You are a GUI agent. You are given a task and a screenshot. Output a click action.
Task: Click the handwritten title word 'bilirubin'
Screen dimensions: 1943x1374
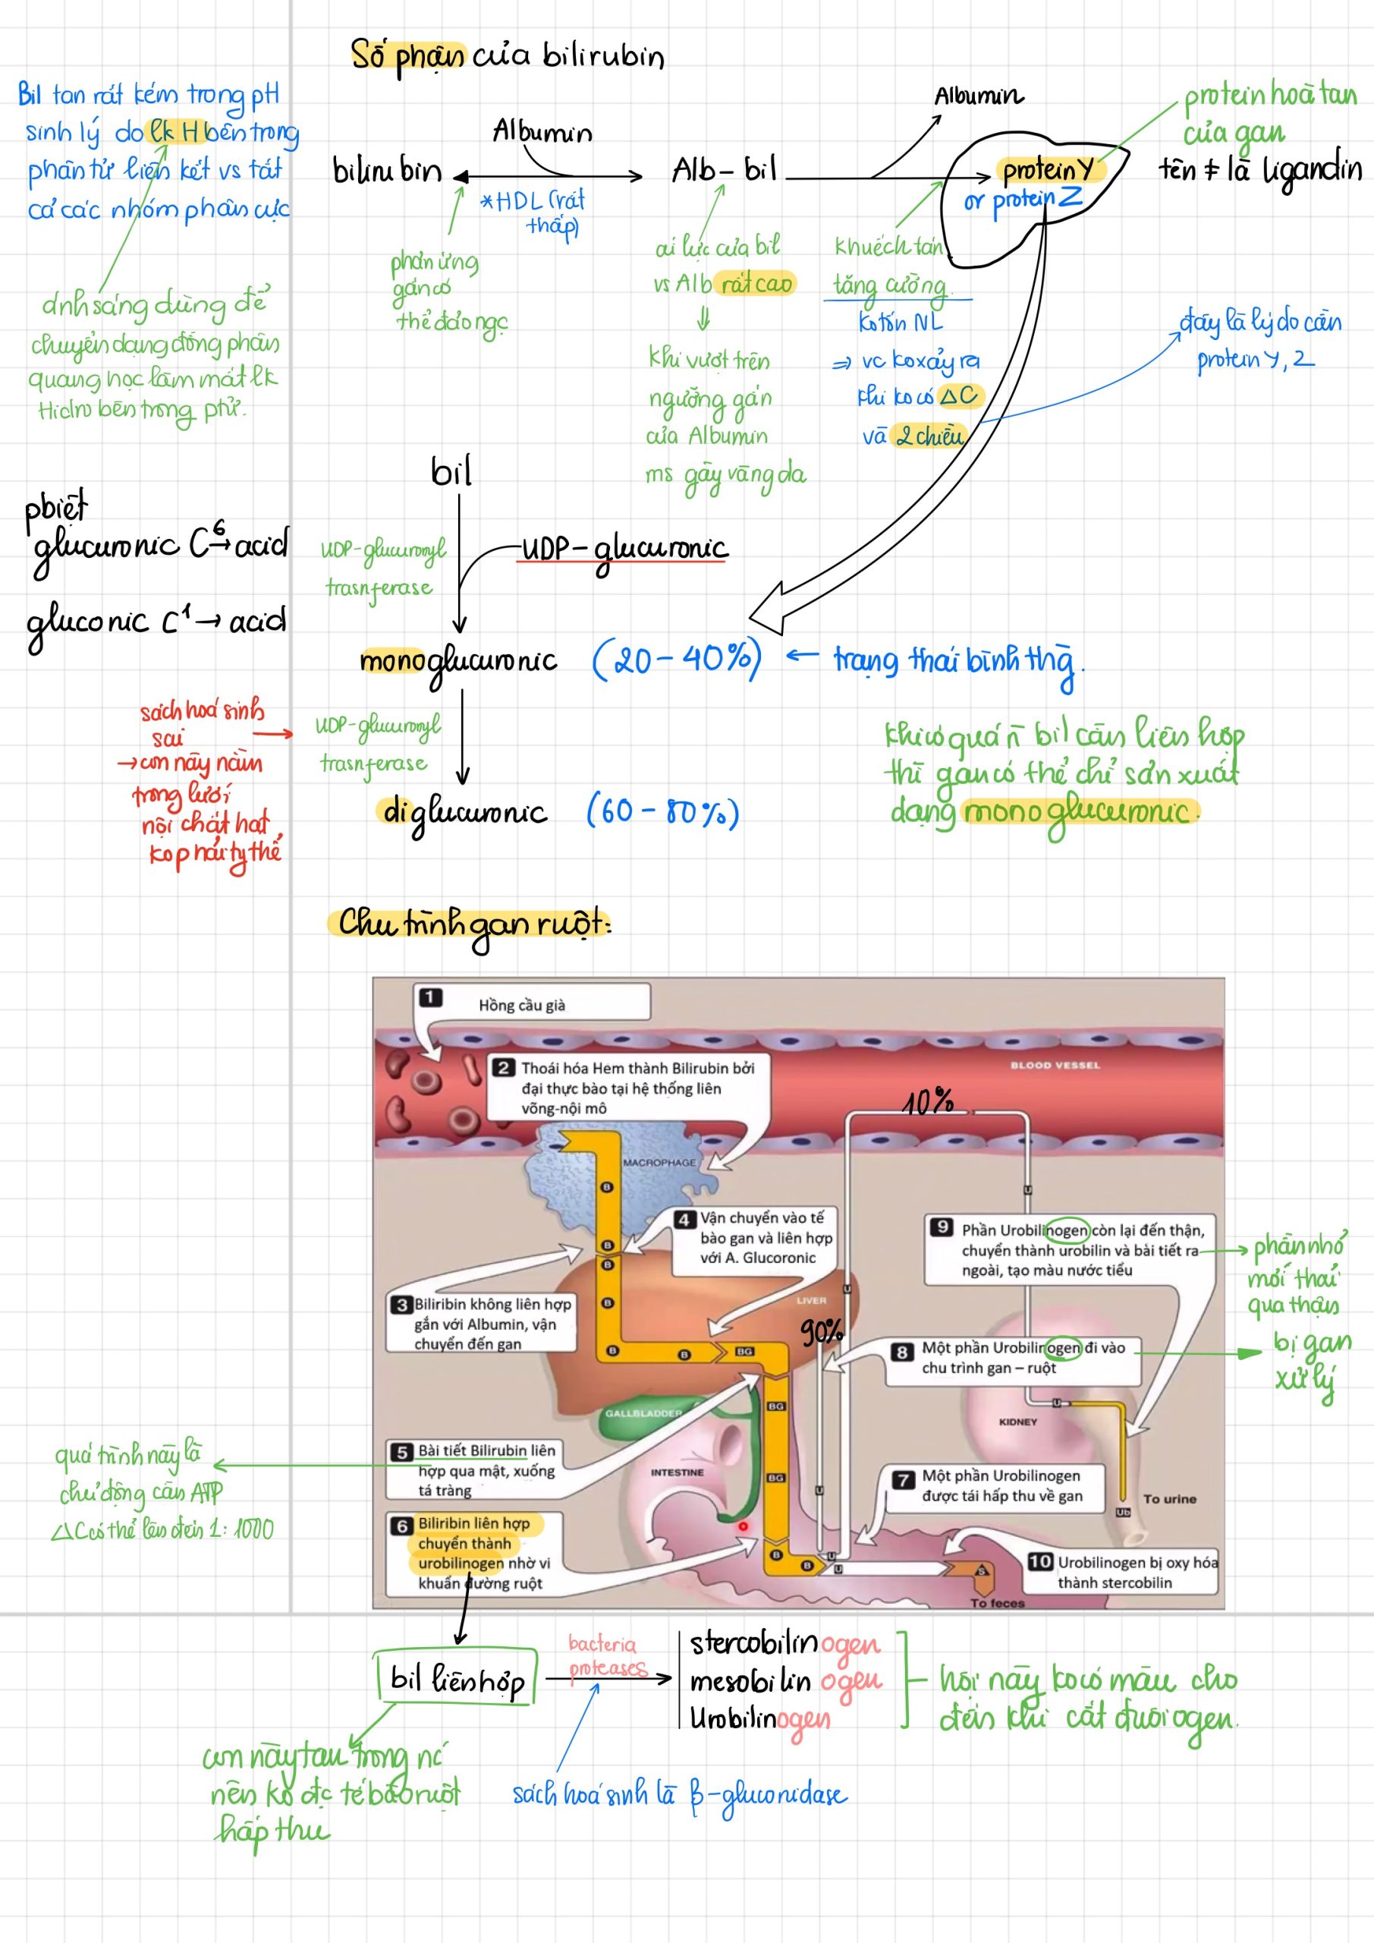pyautogui.click(x=602, y=57)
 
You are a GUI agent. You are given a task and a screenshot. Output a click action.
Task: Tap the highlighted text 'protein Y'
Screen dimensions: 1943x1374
pyautogui.click(x=1048, y=171)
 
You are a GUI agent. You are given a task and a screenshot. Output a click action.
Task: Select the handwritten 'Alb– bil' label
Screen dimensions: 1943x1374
pyautogui.click(x=723, y=171)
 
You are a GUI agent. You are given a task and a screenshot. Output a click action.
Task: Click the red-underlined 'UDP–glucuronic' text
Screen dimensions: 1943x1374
pyautogui.click(x=624, y=550)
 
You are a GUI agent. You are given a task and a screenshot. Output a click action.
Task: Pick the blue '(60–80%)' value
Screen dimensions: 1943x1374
pyautogui.click(x=662, y=811)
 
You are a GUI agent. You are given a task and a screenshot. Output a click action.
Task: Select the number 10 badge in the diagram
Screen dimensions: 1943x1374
pyautogui.click(x=1040, y=1561)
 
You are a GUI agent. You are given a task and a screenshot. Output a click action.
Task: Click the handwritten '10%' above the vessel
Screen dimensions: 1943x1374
pyautogui.click(x=928, y=1102)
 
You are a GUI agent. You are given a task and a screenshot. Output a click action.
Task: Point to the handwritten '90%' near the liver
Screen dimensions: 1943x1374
pyautogui.click(x=822, y=1332)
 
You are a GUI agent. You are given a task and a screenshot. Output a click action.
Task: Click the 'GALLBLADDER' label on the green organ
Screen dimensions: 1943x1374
pyautogui.click(x=643, y=1413)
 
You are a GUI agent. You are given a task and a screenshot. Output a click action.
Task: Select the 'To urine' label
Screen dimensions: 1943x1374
pyautogui.click(x=1169, y=1499)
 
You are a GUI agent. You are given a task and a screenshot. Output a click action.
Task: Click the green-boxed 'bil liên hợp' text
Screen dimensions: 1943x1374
pyautogui.click(x=457, y=1679)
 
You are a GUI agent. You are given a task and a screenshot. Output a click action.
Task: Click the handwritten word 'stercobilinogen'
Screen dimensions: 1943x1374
pyautogui.click(x=784, y=1643)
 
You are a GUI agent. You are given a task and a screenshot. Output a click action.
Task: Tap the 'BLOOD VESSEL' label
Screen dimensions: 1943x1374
pyautogui.click(x=1054, y=1066)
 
